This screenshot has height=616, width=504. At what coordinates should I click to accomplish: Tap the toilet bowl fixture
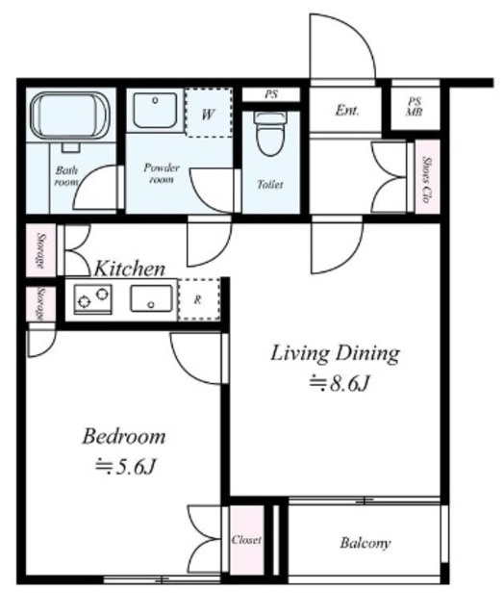(270, 134)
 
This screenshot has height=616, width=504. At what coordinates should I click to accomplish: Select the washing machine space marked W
(208, 114)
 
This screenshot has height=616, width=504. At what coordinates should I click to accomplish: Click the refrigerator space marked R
(198, 299)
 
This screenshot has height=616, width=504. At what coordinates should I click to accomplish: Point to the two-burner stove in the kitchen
(92, 298)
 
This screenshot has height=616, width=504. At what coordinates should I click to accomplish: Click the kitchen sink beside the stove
(151, 298)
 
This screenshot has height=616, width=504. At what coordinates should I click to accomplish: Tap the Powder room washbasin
(155, 111)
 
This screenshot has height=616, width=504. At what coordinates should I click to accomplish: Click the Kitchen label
(130, 269)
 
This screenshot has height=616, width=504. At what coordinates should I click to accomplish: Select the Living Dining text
(336, 353)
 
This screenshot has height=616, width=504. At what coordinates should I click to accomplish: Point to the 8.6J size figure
(340, 383)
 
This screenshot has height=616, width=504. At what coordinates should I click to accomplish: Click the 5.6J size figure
(126, 466)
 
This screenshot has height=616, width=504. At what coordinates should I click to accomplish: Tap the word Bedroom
(124, 436)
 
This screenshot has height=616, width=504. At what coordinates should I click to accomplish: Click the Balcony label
(365, 543)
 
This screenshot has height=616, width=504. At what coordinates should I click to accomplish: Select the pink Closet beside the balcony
(246, 540)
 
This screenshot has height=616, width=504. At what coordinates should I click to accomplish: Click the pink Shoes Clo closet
(427, 176)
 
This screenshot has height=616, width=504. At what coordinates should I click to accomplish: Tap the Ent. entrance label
(347, 111)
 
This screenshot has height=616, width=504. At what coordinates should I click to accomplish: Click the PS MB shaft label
(415, 107)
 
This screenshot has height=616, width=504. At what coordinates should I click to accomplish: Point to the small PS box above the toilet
(271, 94)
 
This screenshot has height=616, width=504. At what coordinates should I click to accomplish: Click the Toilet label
(270, 184)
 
